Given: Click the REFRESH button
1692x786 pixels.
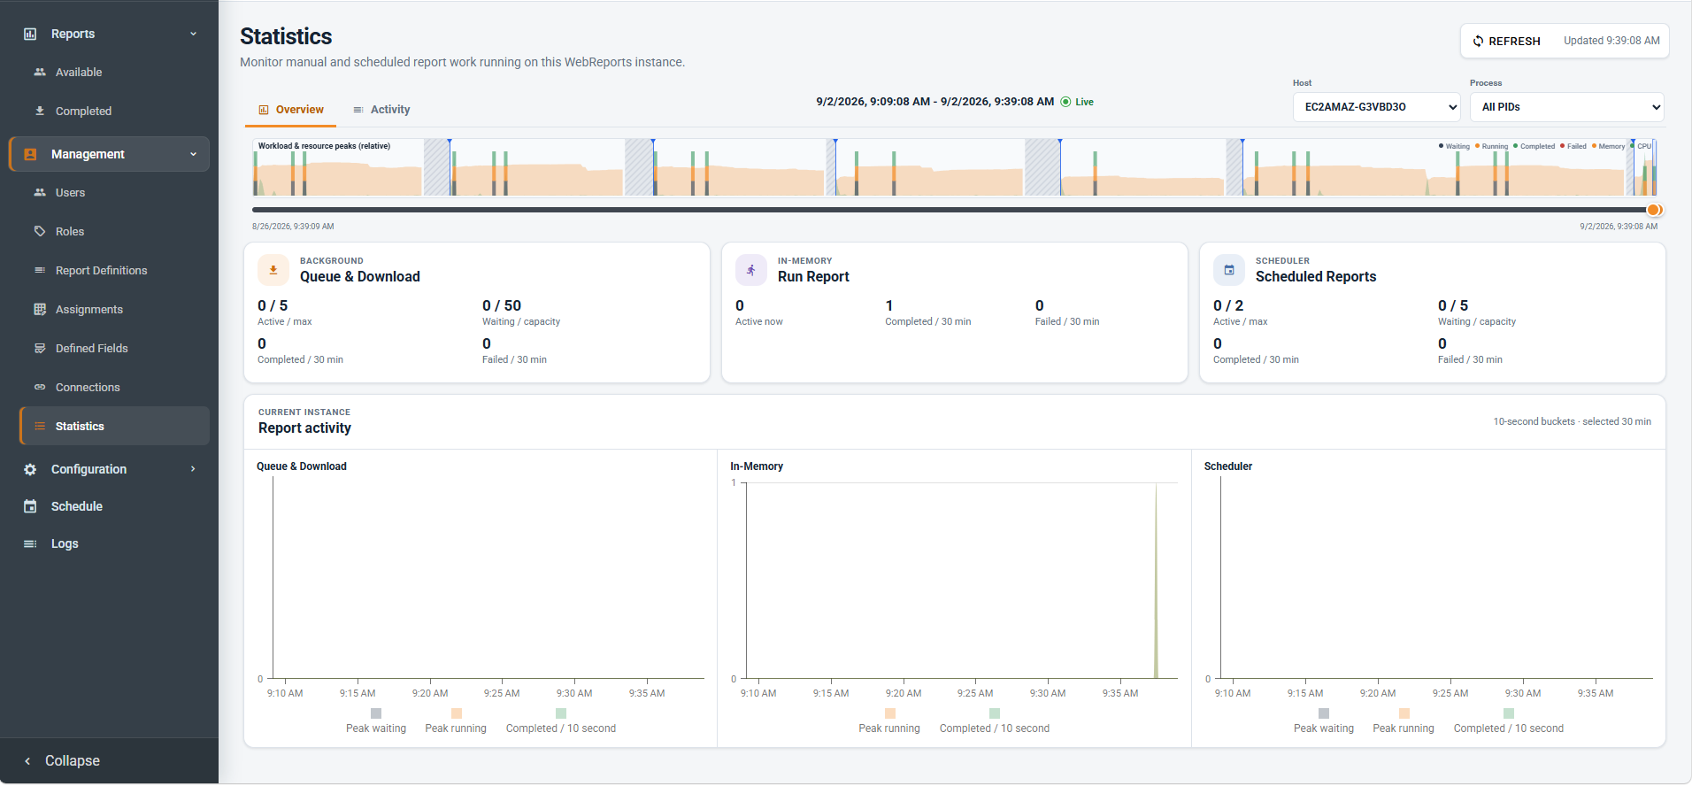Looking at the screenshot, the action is [x=1506, y=41].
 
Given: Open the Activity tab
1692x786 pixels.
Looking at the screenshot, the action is [x=381, y=110].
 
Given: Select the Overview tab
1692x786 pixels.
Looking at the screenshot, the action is [x=291, y=110].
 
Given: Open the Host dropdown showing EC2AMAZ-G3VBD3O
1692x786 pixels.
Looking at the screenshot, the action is [x=1376, y=107].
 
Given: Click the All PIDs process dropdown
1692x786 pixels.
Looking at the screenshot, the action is [x=1566, y=107].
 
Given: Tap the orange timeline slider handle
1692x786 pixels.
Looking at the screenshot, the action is [x=1653, y=210].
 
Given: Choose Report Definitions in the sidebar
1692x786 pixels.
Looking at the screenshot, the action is [x=101, y=271].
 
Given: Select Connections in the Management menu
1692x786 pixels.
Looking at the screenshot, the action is [x=88, y=388].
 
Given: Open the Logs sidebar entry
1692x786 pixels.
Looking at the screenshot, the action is [x=65, y=543].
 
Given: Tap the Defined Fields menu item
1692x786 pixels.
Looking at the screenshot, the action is [x=91, y=349].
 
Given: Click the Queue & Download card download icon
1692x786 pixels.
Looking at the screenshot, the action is [x=273, y=270].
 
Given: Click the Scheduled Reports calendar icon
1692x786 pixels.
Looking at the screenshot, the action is [x=1229, y=270].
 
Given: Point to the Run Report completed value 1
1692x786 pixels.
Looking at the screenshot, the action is [x=889, y=305].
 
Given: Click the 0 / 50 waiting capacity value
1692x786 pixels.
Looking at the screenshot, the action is [x=502, y=305].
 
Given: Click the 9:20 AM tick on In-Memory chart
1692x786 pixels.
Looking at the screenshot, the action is [x=904, y=693].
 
